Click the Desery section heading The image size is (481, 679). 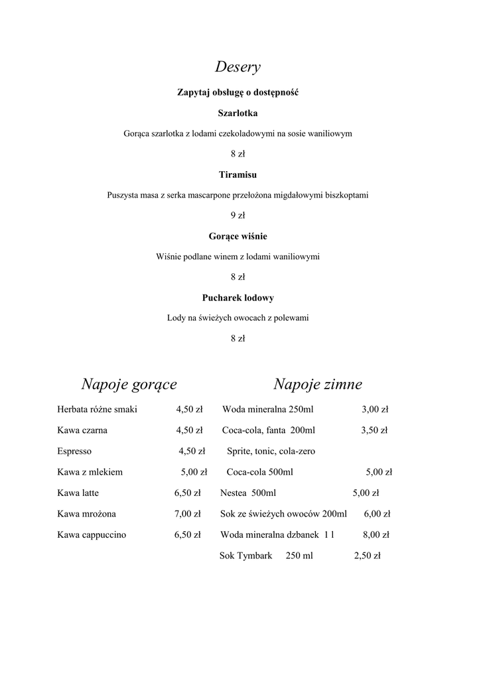[x=238, y=67]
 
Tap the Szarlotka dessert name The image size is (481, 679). [x=238, y=113]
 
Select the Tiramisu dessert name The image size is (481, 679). [x=238, y=175]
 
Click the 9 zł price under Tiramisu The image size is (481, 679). [x=238, y=216]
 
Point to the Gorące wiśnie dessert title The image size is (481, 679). [x=238, y=236]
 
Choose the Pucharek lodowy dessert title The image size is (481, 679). [x=238, y=298]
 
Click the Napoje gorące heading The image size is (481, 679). [x=129, y=385]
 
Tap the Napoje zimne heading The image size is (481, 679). [x=317, y=385]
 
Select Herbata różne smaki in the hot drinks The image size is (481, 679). [x=97, y=409]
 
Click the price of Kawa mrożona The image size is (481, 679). [x=187, y=514]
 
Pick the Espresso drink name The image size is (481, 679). [x=74, y=452]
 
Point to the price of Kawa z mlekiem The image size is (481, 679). [x=194, y=473]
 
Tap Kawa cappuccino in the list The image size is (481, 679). [x=92, y=535]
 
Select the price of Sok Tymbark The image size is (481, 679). [x=367, y=556]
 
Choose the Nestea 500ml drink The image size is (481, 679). [x=247, y=493]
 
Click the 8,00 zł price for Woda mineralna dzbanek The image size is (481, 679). [x=376, y=535]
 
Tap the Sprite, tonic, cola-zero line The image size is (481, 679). [x=271, y=452]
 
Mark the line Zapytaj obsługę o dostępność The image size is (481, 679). [x=238, y=93]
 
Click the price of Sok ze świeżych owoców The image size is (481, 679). [x=377, y=514]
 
